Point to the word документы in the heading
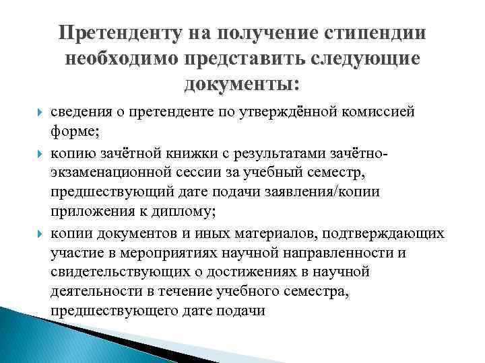click(x=238, y=85)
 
